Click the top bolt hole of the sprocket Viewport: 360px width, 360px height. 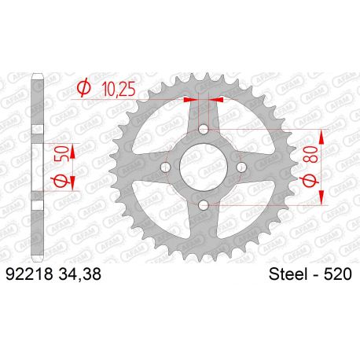coord(204,129)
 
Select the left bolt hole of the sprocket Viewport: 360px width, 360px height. coord(166,167)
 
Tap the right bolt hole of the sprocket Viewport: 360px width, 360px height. coord(241,167)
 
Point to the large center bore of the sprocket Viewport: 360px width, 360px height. coord(204,167)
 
